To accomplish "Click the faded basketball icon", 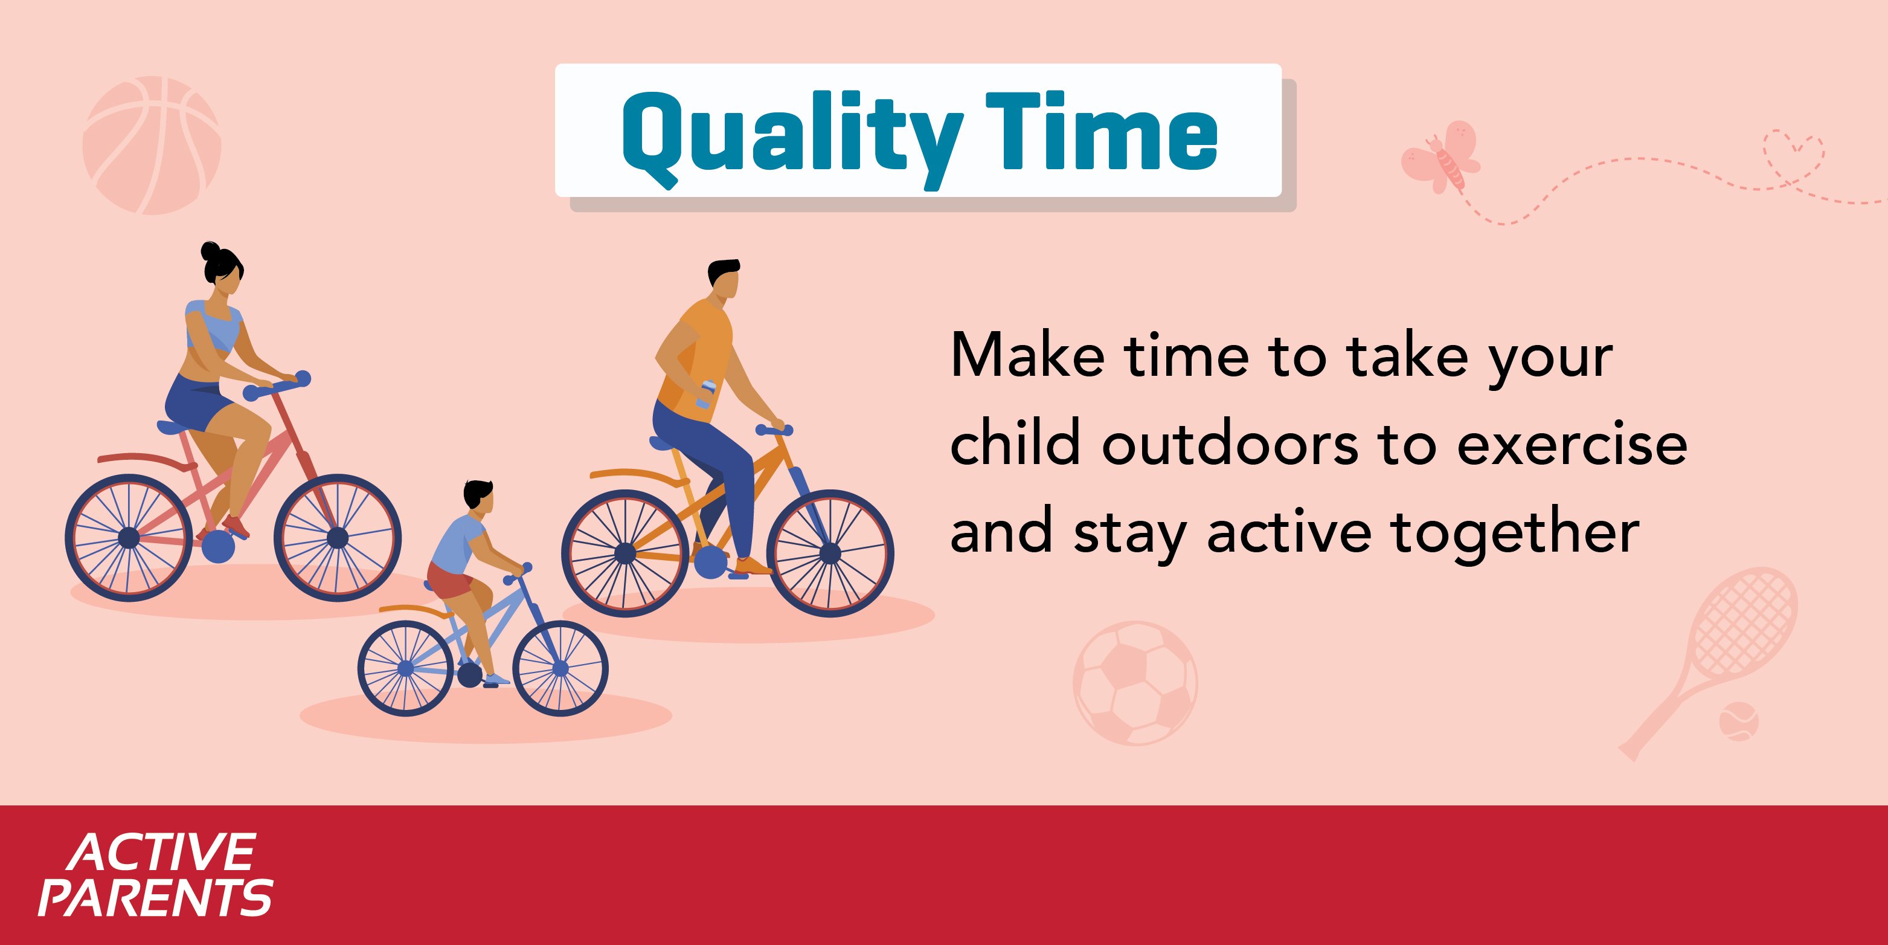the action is [x=152, y=145].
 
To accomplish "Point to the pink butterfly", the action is [x=1441, y=157].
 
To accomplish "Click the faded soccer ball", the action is [x=1135, y=683].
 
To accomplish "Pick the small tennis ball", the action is [x=1738, y=721].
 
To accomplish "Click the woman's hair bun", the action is [x=211, y=251].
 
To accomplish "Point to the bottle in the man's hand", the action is [x=705, y=395].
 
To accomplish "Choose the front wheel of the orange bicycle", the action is [x=830, y=553].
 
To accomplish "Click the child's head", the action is [x=478, y=498].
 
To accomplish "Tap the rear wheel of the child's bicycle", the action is [x=405, y=668].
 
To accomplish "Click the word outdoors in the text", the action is [x=1230, y=443].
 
